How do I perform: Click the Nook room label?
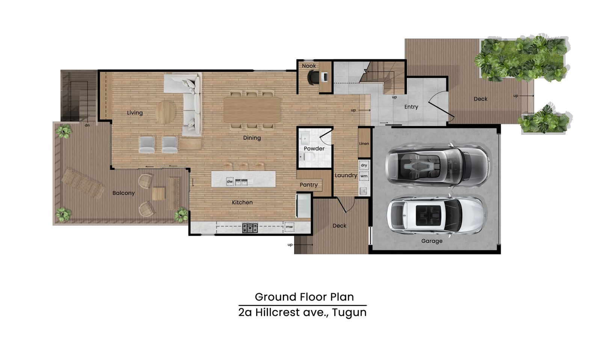[309, 66]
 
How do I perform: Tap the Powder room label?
[314, 148]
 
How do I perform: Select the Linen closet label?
[364, 144]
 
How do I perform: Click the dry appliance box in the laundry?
[364, 165]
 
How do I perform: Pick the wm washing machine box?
[364, 176]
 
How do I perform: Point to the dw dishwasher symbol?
[230, 182]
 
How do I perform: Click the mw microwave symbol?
[289, 227]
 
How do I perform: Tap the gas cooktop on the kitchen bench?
[250, 228]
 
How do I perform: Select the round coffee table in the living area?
[166, 112]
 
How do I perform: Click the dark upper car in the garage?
[437, 165]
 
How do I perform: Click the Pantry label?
[308, 185]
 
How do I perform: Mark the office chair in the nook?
[313, 77]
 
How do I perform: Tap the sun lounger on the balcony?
[83, 183]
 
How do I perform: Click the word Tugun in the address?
[349, 313]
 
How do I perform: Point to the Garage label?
[432, 241]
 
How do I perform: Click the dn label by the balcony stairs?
[87, 126]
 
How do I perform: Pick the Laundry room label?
[346, 175]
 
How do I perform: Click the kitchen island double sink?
[241, 183]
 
